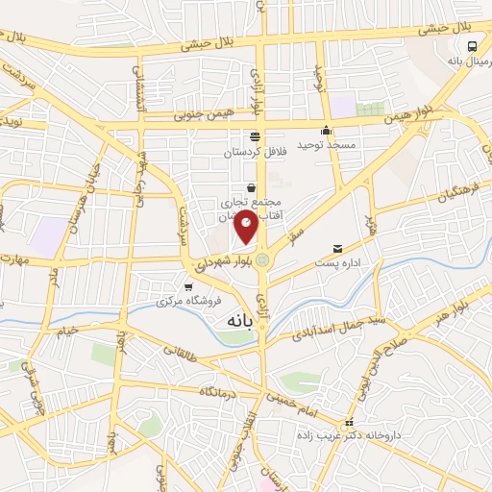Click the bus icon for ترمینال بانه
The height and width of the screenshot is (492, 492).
click(x=472, y=45)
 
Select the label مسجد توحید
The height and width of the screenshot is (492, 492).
click(x=326, y=144)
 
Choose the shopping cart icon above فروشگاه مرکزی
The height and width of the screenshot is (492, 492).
click(x=188, y=286)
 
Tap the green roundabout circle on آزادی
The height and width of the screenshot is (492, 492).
click(x=262, y=258)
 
